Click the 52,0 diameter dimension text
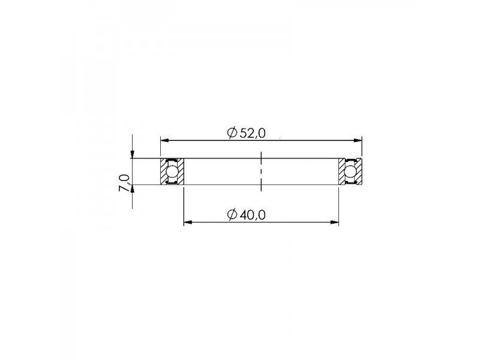(x=253, y=133)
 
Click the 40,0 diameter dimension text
(x=253, y=215)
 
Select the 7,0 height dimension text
(x=124, y=182)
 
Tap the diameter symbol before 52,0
(x=232, y=133)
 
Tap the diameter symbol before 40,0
(x=232, y=215)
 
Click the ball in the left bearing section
(x=172, y=172)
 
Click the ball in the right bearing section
(x=350, y=172)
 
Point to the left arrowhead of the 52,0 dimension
(x=165, y=140)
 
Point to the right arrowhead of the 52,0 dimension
(x=358, y=140)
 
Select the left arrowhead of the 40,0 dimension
(x=188, y=222)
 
